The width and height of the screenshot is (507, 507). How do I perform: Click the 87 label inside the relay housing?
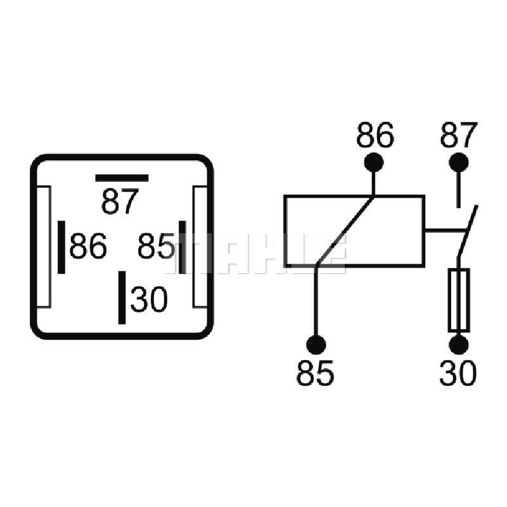point(120,202)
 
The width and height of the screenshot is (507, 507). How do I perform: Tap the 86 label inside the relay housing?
point(88,246)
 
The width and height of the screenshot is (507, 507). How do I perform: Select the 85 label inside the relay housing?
point(156,246)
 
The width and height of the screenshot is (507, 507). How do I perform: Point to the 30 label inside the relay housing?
point(149,299)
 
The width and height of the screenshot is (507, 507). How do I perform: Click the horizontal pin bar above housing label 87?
point(122,178)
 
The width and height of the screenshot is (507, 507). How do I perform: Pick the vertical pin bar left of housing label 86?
point(61,247)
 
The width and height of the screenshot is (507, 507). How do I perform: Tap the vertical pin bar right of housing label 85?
point(183,247)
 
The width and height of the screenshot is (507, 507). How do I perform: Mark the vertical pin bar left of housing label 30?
point(122,297)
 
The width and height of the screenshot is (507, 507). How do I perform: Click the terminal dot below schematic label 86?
point(374,162)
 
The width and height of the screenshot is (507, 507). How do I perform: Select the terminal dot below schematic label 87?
point(458,162)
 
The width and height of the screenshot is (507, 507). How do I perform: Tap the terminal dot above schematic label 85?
point(316,345)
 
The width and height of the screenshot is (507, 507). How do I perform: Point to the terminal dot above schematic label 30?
point(458,345)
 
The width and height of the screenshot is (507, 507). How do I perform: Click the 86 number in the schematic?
point(375,135)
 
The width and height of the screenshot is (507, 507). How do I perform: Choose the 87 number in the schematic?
point(458,135)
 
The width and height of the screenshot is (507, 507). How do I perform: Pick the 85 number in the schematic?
point(315,373)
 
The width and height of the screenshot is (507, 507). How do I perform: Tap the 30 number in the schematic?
point(458,373)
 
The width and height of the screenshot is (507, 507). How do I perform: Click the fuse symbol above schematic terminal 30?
point(458,300)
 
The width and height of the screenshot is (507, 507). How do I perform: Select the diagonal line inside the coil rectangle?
point(345,231)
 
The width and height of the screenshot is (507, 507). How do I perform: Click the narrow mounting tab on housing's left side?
point(44,247)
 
